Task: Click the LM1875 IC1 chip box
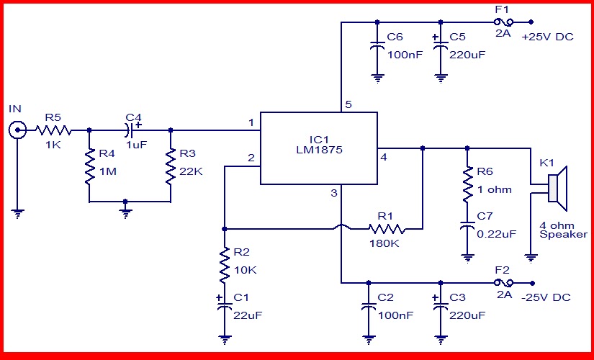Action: point(318,148)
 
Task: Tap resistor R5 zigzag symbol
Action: point(54,130)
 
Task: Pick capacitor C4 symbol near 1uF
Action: point(130,130)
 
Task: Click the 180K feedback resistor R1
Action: point(387,230)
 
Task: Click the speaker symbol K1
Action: point(558,186)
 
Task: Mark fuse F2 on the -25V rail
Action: point(504,282)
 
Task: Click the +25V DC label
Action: point(548,37)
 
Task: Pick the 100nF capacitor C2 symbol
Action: point(369,305)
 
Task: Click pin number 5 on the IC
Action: point(348,105)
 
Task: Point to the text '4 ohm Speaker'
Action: point(563,229)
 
